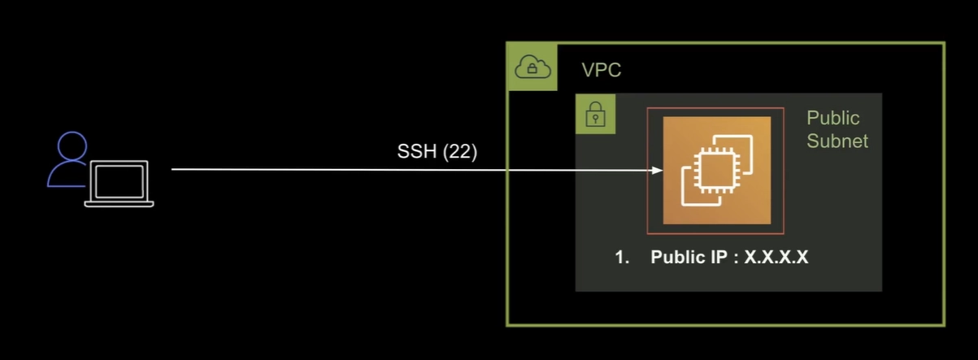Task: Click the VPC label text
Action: click(x=602, y=70)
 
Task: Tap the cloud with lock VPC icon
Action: click(x=532, y=67)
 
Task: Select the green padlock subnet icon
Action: click(x=596, y=114)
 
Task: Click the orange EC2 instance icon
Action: click(x=717, y=170)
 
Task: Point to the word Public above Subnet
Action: click(x=833, y=118)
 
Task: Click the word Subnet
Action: click(x=837, y=141)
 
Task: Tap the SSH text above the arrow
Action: click(x=417, y=151)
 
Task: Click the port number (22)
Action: click(x=460, y=152)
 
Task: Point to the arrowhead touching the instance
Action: click(x=657, y=170)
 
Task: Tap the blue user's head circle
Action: click(x=72, y=145)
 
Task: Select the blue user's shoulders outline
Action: click(x=67, y=175)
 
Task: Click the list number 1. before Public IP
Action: click(x=622, y=258)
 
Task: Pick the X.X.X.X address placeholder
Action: click(x=776, y=257)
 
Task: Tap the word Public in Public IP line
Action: click(x=679, y=257)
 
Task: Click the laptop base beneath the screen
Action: click(x=120, y=204)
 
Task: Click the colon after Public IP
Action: click(x=736, y=258)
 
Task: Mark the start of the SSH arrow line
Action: click(x=172, y=169)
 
